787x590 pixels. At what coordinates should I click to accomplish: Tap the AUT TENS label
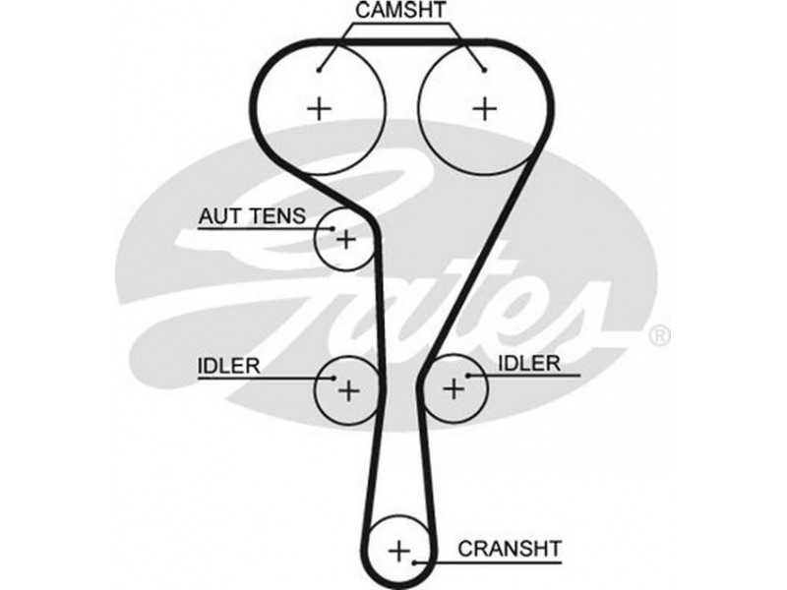(253, 214)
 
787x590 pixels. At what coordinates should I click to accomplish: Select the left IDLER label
(228, 366)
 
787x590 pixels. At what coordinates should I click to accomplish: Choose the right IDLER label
(528, 364)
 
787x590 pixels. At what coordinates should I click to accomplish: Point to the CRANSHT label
(511, 548)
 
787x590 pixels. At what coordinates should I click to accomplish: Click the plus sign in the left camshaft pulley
(319, 107)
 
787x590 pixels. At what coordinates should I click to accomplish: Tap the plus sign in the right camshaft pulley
(483, 107)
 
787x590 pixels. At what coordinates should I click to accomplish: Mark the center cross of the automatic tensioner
(345, 239)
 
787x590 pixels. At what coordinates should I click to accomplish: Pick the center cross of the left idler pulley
(348, 390)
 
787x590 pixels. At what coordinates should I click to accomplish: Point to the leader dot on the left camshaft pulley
(322, 70)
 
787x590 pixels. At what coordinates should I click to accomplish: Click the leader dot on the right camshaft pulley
(484, 70)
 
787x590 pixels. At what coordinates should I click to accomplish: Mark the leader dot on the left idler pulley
(332, 377)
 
